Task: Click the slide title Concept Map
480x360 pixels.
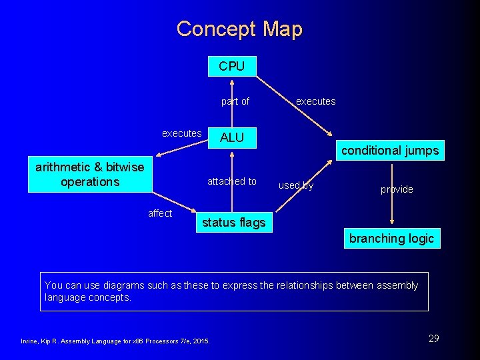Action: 239,29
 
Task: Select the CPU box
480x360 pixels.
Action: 231,66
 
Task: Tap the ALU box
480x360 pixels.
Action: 231,137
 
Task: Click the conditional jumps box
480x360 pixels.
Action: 390,151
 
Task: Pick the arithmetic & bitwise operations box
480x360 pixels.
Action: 89,175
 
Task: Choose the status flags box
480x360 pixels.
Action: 233,223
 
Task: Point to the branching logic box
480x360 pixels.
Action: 391,238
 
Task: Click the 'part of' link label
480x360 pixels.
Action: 235,101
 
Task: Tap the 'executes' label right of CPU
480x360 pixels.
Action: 315,101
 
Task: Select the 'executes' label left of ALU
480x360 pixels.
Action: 181,133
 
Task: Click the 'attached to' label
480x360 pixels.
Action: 231,181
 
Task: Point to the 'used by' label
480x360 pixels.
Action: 295,185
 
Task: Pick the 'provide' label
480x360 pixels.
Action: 397,189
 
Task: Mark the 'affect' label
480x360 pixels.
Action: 160,213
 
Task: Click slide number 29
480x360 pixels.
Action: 433,339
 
